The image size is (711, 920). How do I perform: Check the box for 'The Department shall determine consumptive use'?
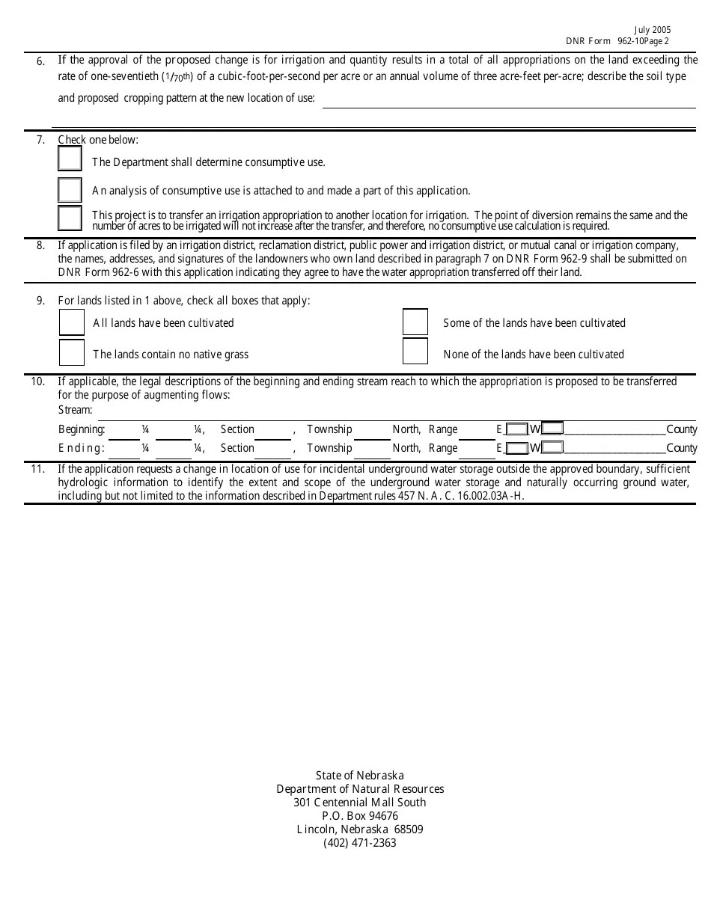(70, 159)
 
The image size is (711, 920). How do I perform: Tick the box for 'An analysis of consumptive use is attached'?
(70, 190)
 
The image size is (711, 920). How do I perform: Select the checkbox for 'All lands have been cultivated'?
(72, 322)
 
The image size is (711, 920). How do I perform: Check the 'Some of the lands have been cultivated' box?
(415, 322)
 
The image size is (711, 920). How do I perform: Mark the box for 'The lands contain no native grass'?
(72, 352)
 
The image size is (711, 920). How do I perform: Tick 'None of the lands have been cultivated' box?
(415, 352)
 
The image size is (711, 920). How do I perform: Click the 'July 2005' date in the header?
(653, 31)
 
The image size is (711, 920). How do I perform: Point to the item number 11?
(37, 469)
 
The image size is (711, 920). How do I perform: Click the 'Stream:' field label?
(75, 410)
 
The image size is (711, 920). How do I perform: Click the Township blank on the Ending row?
(372, 450)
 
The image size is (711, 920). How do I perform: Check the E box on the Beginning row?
(516, 429)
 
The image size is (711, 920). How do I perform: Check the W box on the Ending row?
(552, 448)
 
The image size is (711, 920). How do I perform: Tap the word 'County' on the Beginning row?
(681, 429)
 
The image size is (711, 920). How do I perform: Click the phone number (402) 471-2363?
(360, 843)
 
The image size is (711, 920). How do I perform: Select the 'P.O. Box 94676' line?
(360, 816)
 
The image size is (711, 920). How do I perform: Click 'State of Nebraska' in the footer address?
(360, 776)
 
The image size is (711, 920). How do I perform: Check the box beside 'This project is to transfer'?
(70, 218)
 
